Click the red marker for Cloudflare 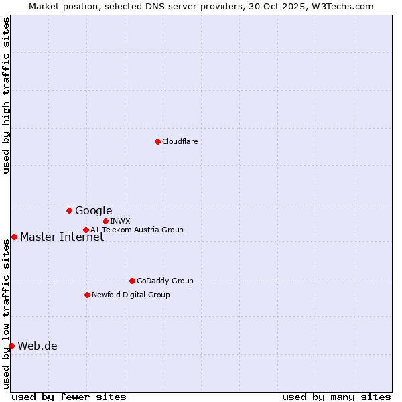(x=157, y=141)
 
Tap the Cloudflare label (x=180, y=141)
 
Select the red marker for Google (x=69, y=210)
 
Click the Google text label (x=93, y=211)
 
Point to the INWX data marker (x=105, y=221)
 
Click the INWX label (x=120, y=221)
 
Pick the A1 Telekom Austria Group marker (x=86, y=230)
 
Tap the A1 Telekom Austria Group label (x=137, y=230)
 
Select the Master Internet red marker (x=14, y=237)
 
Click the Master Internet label (x=62, y=237)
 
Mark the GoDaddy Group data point (x=132, y=281)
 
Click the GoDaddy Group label (x=164, y=281)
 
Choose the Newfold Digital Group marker (x=87, y=295)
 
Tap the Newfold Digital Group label (x=131, y=295)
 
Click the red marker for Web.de (x=11, y=346)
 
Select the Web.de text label (x=38, y=346)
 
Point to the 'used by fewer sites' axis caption (x=69, y=397)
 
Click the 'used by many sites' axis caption (x=336, y=397)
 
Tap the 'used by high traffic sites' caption (x=6, y=95)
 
